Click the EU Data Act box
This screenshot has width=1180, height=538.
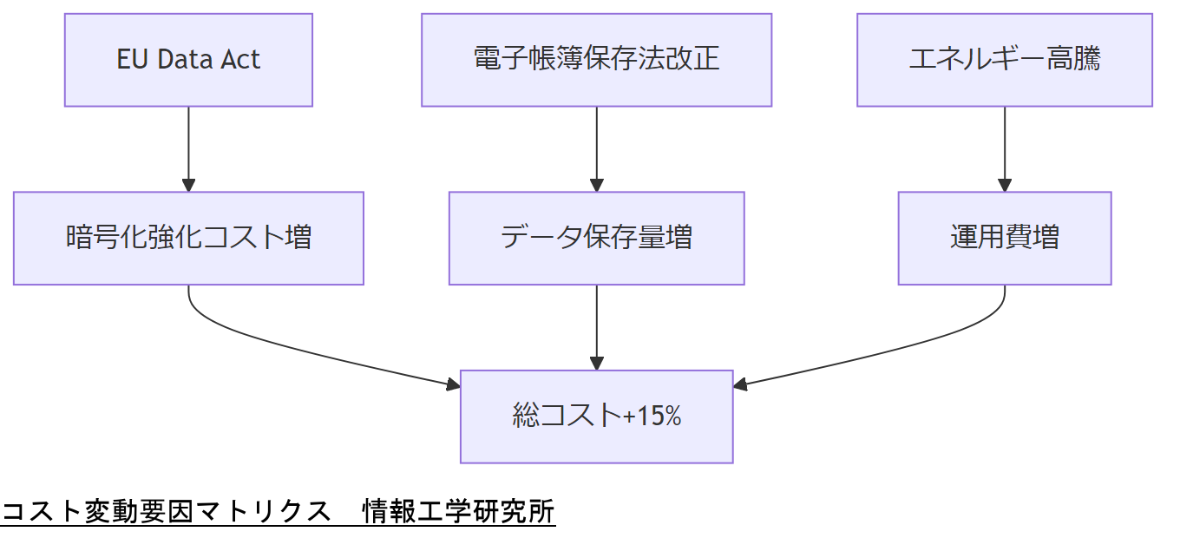188,60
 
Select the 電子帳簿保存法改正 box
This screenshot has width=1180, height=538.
596,60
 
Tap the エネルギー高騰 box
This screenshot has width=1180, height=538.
1004,60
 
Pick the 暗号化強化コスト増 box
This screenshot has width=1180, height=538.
188,238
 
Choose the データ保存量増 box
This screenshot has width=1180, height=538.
596,238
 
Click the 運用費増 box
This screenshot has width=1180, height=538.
1004,238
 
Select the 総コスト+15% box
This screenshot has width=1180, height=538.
596,417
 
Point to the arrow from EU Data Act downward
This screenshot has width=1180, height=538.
188,148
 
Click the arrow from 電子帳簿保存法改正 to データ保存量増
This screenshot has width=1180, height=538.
596,148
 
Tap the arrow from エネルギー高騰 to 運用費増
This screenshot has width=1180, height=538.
1005,148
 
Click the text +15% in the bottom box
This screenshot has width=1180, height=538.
652,417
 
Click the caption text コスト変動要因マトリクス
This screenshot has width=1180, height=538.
166,512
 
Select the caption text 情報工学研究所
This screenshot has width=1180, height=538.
459,512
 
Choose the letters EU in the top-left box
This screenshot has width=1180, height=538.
132,60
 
